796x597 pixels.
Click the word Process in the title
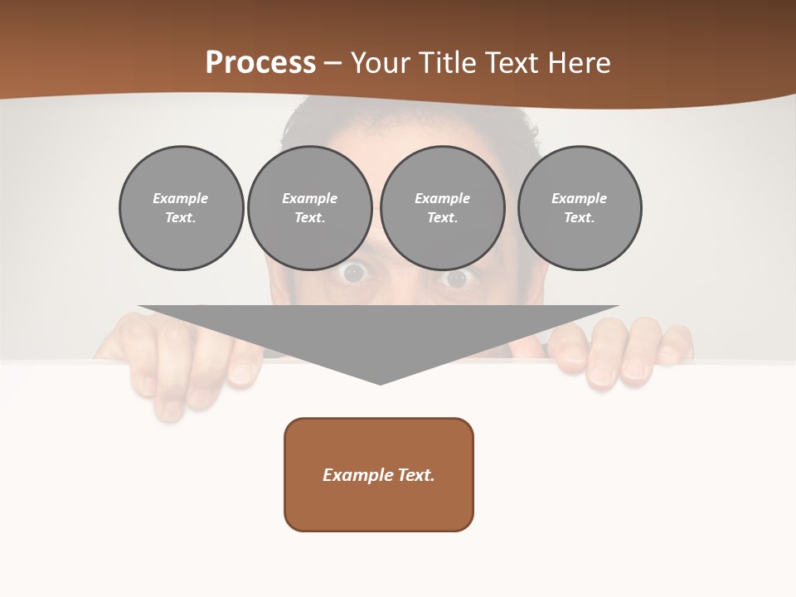(x=260, y=63)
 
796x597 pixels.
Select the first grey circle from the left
(x=182, y=208)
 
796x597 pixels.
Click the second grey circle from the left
(x=310, y=208)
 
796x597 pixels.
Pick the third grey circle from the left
(x=443, y=208)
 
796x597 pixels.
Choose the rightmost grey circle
(x=580, y=208)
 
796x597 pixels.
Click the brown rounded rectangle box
(x=379, y=474)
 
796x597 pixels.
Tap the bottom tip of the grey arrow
(x=380, y=382)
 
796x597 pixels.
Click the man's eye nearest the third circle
(x=457, y=279)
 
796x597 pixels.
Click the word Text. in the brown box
(x=416, y=475)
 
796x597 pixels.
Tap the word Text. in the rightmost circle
(x=580, y=218)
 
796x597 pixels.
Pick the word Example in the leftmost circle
(x=181, y=198)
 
